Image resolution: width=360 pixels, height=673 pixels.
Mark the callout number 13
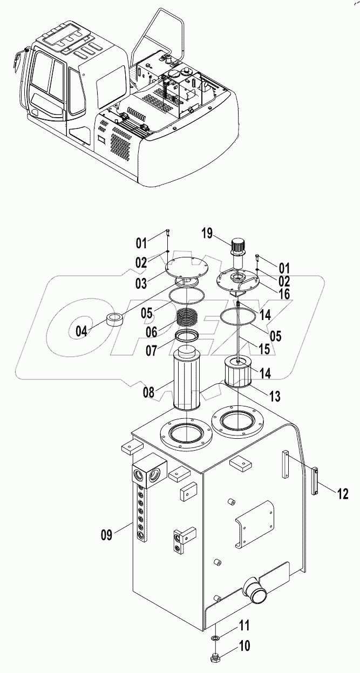click(274, 397)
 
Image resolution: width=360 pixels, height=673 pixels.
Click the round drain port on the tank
click(256, 584)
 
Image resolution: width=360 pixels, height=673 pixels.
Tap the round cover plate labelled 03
click(185, 268)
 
